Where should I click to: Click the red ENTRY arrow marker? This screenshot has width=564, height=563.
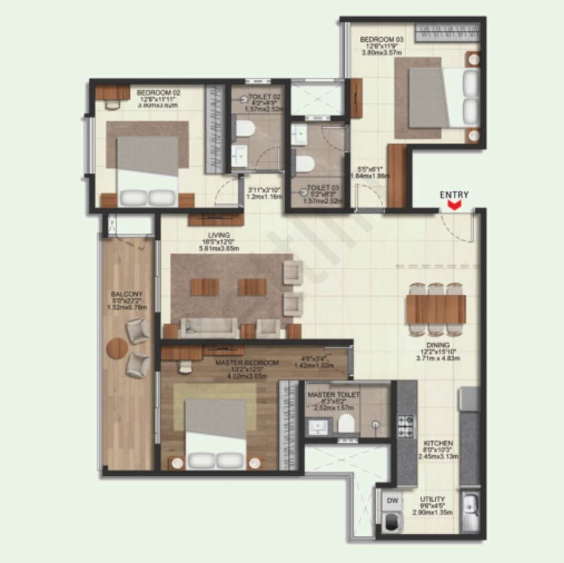pos(454,205)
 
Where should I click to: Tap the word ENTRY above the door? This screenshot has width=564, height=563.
pos(454,195)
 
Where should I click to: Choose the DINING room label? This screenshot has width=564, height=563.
pos(434,345)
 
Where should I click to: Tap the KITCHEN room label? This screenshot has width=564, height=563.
pos(438,443)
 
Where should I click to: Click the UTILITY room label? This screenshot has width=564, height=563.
pos(432,499)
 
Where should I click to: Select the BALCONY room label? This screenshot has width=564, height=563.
pos(126,294)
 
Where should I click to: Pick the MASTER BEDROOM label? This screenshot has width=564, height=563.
pos(247,362)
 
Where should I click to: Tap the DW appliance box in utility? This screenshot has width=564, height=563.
pos(393,501)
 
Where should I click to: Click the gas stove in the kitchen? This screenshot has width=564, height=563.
pos(405,426)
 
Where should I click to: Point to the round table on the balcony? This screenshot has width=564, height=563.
pos(117,348)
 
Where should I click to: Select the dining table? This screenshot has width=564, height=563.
pos(436,309)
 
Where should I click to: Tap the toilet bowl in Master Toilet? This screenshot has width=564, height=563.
pos(346,424)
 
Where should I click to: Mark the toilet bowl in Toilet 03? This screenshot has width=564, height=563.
pos(305,164)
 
